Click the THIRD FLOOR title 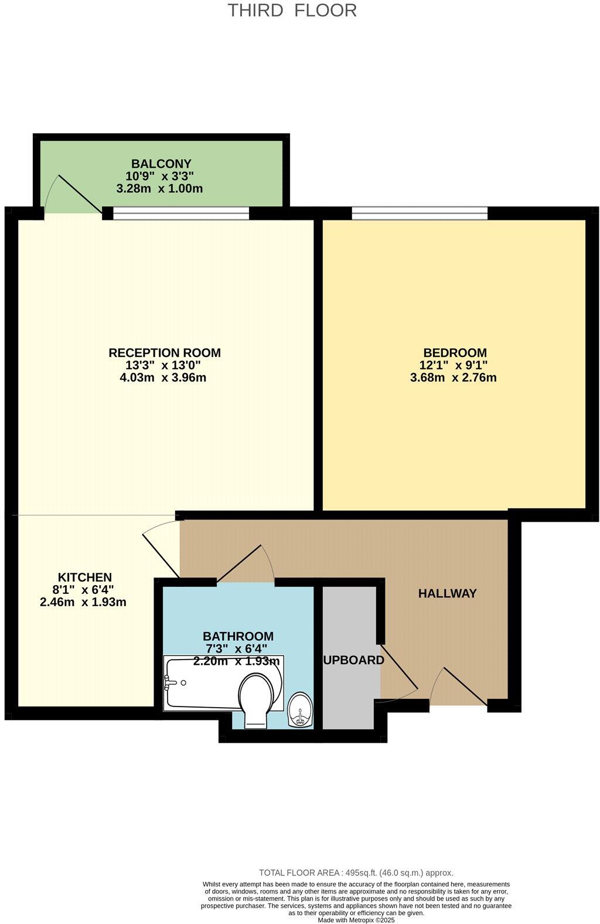pyautogui.click(x=292, y=11)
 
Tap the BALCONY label pyautogui.click(x=161, y=164)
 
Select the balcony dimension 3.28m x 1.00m pyautogui.click(x=160, y=189)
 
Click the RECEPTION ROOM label pyautogui.click(x=165, y=353)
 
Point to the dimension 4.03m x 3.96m pyautogui.click(x=163, y=378)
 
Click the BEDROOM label pyautogui.click(x=455, y=353)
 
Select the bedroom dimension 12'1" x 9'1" pyautogui.click(x=454, y=365)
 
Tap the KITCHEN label pyautogui.click(x=84, y=577)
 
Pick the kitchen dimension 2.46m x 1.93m pyautogui.click(x=83, y=602)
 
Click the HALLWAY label pyautogui.click(x=447, y=593)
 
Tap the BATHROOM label pyautogui.click(x=238, y=636)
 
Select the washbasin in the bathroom pyautogui.click(x=301, y=709)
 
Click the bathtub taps pyautogui.click(x=171, y=682)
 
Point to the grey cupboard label pyautogui.click(x=354, y=661)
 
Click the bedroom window pyautogui.click(x=420, y=213)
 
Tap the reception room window pyautogui.click(x=181, y=213)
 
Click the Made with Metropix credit pyautogui.click(x=356, y=920)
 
